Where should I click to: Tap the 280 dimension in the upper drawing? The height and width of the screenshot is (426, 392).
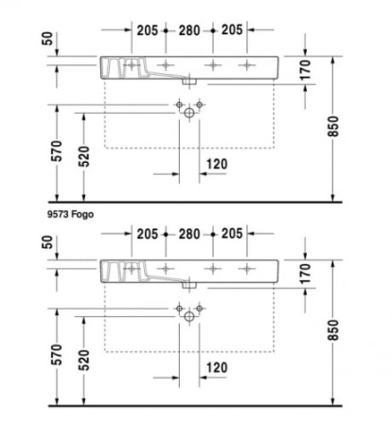pyautogui.click(x=189, y=30)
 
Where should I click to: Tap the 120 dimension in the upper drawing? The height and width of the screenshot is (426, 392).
pyautogui.click(x=216, y=163)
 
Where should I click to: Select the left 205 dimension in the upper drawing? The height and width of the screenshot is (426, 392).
pyautogui.click(x=146, y=30)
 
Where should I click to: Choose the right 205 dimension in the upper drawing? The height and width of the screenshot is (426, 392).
pyautogui.click(x=232, y=30)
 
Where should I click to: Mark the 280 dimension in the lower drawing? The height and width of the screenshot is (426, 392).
pyautogui.click(x=189, y=234)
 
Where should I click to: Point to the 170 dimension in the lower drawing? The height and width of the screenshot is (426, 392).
pyautogui.click(x=305, y=275)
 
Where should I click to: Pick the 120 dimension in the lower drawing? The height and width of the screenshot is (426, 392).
pyautogui.click(x=216, y=366)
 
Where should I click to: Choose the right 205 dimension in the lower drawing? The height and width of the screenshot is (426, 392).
pyautogui.click(x=232, y=234)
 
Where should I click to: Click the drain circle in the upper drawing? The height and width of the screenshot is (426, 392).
pyautogui.click(x=189, y=113)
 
